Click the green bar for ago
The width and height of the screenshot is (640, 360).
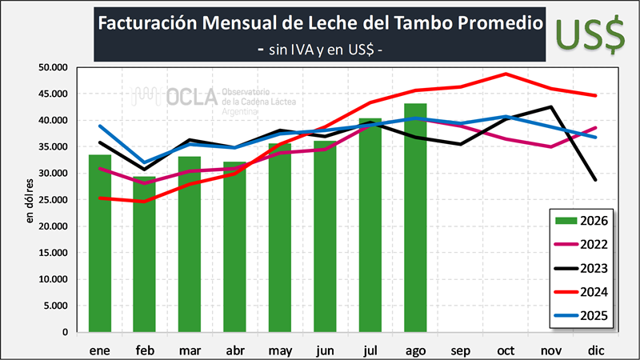tap(415, 218)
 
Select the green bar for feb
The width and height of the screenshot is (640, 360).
tap(144, 254)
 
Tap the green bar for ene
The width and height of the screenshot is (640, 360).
tap(100, 243)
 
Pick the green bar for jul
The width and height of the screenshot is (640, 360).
tap(370, 225)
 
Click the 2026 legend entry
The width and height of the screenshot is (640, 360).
tap(582, 221)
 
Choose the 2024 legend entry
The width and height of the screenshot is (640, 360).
tap(582, 292)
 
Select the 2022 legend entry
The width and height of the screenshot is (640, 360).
tap(582, 245)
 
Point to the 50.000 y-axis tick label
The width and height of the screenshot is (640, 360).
tap(53, 67)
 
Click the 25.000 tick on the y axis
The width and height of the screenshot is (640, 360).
tap(53, 200)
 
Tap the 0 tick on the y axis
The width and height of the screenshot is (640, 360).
tap(65, 333)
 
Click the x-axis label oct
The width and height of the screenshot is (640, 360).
tap(506, 350)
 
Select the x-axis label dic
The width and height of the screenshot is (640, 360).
tap(596, 350)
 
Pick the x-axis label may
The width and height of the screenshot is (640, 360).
tap(280, 351)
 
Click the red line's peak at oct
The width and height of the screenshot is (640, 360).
tap(506, 74)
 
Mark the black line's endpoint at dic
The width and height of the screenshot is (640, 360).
tap(595, 179)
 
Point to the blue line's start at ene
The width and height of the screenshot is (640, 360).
tap(100, 126)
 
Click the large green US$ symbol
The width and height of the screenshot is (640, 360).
tap(590, 34)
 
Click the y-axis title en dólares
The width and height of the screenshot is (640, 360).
tap(30, 201)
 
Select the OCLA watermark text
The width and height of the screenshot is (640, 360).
tap(192, 97)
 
